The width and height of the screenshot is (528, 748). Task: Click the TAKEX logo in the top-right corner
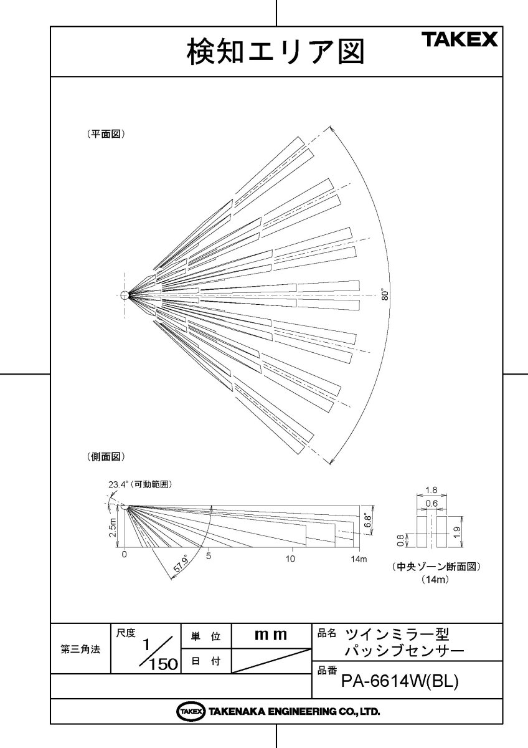pos(460,40)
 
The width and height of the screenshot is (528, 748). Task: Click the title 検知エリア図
pos(275,52)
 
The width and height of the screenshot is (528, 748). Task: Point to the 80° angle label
pos(386,295)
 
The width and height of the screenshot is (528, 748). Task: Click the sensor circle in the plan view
pos(125,295)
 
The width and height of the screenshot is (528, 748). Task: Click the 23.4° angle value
pos(118,484)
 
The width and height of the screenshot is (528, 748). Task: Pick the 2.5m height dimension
pos(112,527)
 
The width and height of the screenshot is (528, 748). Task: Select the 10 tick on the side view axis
pos(290,558)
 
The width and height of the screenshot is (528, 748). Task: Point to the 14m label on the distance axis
pos(359,558)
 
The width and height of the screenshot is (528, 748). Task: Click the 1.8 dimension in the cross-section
pos(430,490)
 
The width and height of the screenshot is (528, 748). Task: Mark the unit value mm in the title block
pos(271,635)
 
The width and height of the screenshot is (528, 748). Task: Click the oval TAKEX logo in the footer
pos(191,711)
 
